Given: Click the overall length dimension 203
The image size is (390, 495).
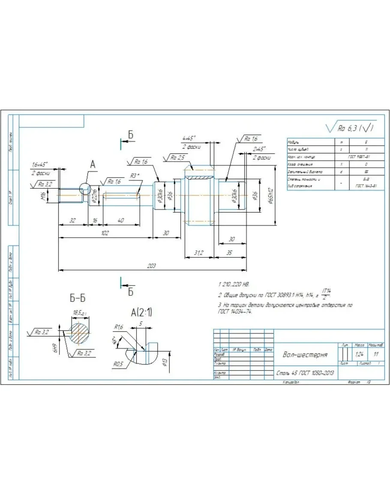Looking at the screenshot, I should click(x=151, y=266).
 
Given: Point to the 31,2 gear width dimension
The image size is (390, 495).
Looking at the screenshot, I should click(x=198, y=253).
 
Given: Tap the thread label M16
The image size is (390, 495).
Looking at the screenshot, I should click(x=43, y=196).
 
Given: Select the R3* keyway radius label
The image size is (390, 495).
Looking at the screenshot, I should click(x=135, y=176).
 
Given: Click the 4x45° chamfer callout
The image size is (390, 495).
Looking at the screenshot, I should click(x=189, y=138).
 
